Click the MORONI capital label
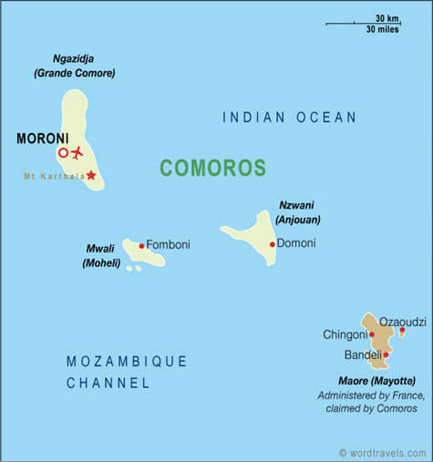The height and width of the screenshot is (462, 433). [x=41, y=139]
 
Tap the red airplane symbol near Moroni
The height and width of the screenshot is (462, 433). [x=76, y=152]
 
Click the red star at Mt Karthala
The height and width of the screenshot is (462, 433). [x=90, y=174]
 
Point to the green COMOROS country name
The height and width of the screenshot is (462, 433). [x=212, y=168]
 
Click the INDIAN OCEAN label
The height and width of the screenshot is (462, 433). [x=289, y=118]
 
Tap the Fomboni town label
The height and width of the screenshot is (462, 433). [x=168, y=244]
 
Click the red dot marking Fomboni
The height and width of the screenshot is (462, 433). [x=141, y=246]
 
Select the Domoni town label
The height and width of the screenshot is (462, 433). [x=296, y=243]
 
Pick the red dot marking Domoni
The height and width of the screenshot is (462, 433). [x=272, y=244]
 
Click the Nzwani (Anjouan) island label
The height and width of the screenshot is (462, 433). [x=298, y=213]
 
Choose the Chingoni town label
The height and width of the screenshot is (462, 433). [x=345, y=334]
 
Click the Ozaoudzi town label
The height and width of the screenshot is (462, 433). [x=402, y=322]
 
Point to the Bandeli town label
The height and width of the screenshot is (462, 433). [x=362, y=354]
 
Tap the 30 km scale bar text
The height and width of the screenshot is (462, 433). [x=387, y=17]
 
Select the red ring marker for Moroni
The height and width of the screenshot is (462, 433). [x=63, y=153]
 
